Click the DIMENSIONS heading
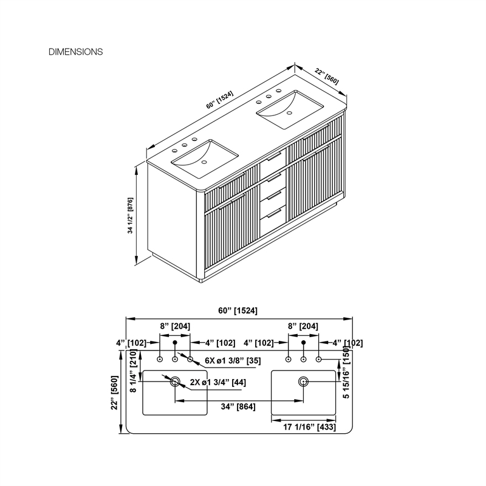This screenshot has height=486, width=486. click(75, 52)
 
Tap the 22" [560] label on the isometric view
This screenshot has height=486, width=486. click(327, 77)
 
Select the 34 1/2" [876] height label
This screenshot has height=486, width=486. click(130, 216)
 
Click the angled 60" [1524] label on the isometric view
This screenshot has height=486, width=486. click(220, 100)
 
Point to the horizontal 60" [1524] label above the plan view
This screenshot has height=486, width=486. click(238, 310)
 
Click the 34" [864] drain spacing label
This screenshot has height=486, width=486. click(238, 406)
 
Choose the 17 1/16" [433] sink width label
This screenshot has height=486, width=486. click(309, 427)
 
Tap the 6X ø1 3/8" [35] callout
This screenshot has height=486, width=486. click(233, 361)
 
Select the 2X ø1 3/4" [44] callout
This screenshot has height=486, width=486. click(218, 383)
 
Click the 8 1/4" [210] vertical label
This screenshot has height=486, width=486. click(133, 371)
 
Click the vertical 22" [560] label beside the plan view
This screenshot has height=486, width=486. click(115, 392)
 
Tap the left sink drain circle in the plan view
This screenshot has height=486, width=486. click(175, 382)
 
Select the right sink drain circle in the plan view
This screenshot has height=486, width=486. click(303, 382)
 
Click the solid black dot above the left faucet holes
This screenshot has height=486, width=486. click(175, 343)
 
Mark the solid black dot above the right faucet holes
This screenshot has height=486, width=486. click(304, 343)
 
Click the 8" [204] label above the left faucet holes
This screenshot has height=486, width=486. click(175, 326)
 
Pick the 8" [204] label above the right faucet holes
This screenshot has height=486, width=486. click(303, 326)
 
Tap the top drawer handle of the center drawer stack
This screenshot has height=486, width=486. click(274, 157)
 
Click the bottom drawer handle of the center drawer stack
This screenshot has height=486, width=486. click(274, 213)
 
